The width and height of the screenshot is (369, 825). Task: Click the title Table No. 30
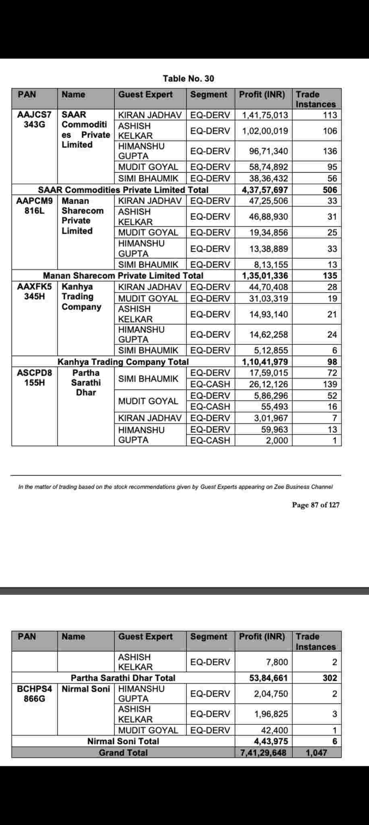(x=188, y=79)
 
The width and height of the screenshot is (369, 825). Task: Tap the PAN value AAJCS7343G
(x=34, y=120)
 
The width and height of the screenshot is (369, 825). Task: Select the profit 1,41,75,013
(x=265, y=115)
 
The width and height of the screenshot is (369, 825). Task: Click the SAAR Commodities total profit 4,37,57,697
(x=265, y=190)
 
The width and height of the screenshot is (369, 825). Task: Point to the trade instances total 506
(x=330, y=190)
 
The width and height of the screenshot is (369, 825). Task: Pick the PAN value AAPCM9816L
(x=34, y=206)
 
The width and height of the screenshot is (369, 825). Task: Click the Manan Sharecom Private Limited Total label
(x=123, y=276)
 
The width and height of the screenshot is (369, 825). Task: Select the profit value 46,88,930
(x=268, y=217)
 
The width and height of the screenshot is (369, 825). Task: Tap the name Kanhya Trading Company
(x=81, y=297)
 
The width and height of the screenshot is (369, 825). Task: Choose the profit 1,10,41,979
(x=265, y=362)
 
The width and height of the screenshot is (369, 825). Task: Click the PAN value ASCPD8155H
(x=34, y=378)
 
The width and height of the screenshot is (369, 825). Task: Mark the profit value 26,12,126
(x=268, y=384)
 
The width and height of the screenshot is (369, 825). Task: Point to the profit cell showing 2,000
(x=277, y=440)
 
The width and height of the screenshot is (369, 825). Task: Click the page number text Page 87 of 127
(x=316, y=505)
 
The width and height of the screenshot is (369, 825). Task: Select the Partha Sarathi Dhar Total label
(x=123, y=678)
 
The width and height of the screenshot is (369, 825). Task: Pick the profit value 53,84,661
(x=268, y=678)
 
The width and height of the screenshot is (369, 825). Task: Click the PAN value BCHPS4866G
(x=34, y=694)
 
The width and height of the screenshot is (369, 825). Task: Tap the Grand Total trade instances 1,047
(x=316, y=752)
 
